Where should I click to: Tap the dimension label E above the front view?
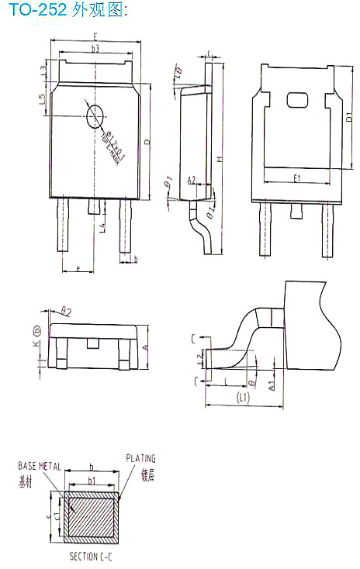[95, 36]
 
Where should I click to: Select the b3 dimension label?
[95, 50]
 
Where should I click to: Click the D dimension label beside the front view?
[147, 142]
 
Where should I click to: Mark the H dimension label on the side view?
[220, 159]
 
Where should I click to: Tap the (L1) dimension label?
[242, 397]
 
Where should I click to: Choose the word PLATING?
[140, 458]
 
